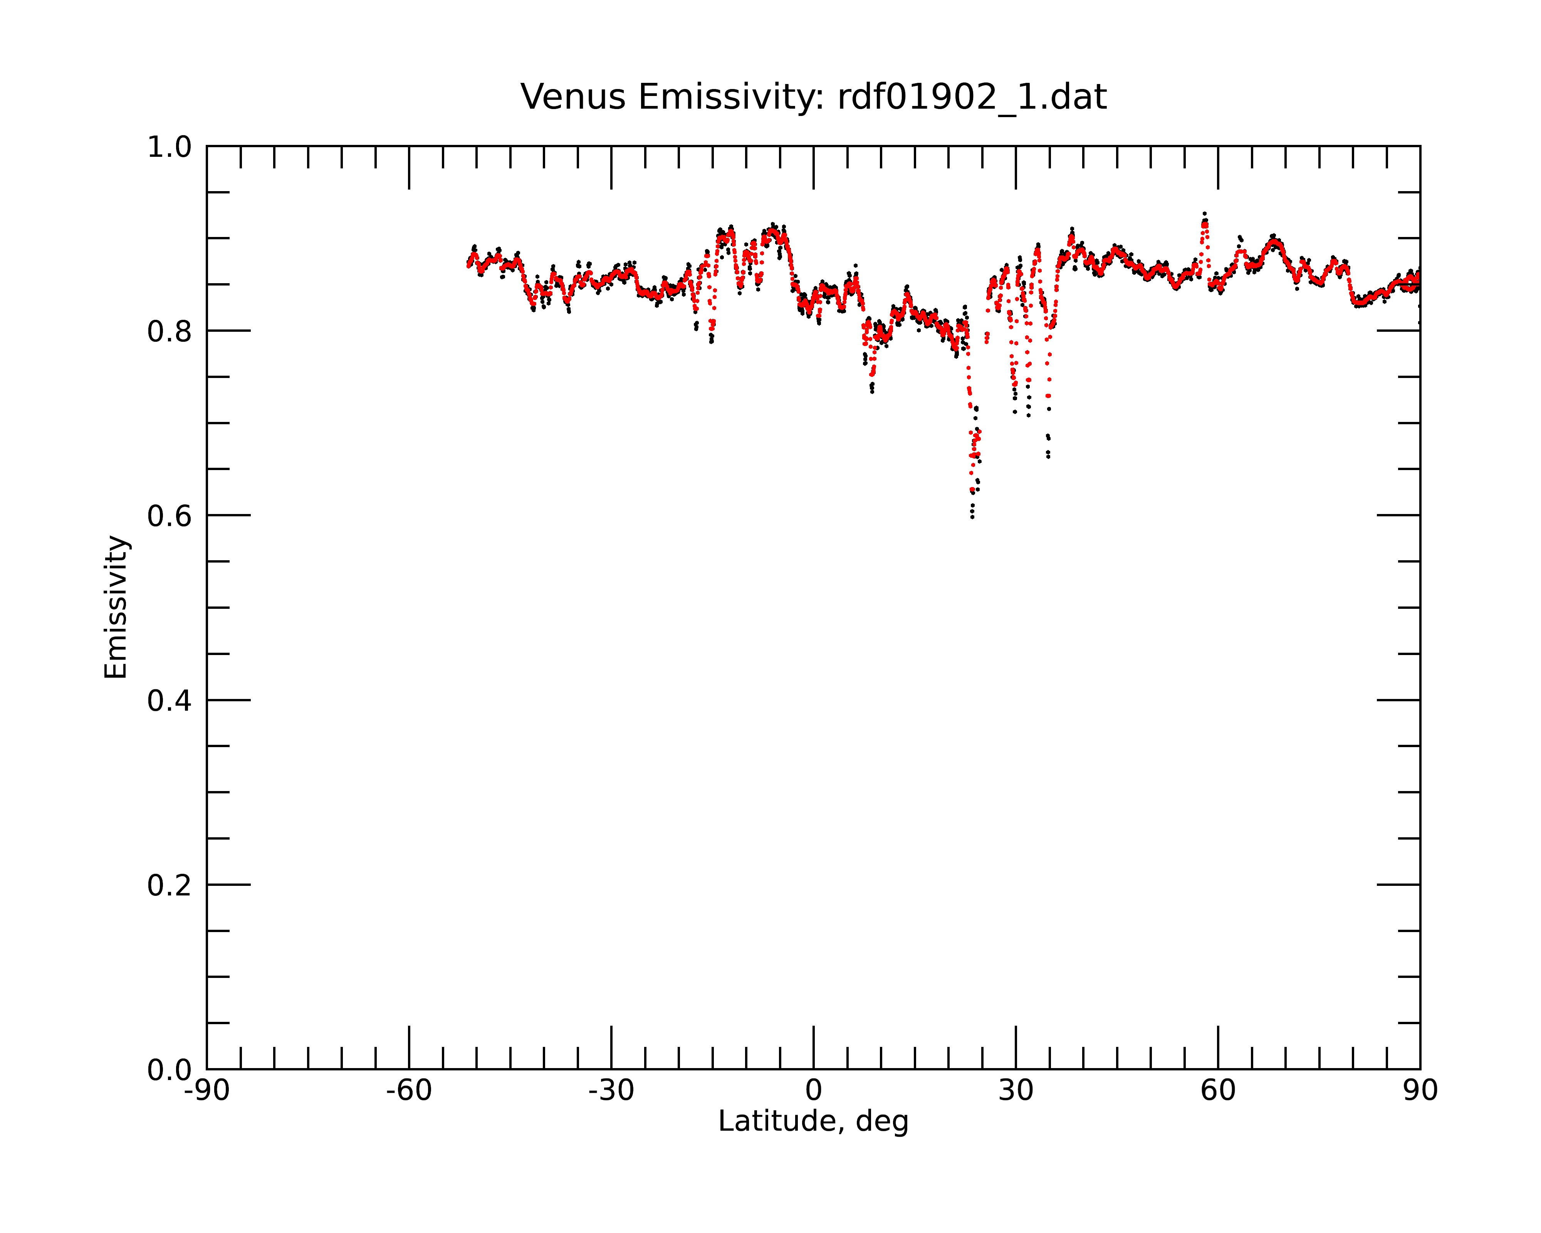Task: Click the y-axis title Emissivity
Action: [116, 607]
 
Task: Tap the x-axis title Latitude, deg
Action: [813, 1122]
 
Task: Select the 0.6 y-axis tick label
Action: [170, 516]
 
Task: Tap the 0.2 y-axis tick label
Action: [170, 885]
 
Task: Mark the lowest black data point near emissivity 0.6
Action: [972, 517]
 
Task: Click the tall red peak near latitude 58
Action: [1204, 224]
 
